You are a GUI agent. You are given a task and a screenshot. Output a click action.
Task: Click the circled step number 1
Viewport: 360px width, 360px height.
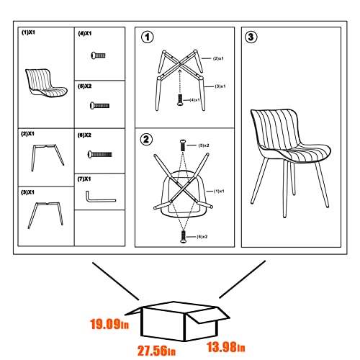pyautogui.click(x=147, y=37)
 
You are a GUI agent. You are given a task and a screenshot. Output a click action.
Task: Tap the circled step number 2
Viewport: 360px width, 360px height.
pyautogui.click(x=147, y=139)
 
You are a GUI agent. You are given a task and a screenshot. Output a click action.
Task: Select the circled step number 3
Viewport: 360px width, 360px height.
pyautogui.click(x=250, y=37)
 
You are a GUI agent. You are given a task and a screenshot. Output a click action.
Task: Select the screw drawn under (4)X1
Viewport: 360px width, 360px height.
pyautogui.click(x=96, y=56)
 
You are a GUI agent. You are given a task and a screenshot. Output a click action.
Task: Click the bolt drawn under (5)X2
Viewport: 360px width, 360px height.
pyautogui.click(x=99, y=105)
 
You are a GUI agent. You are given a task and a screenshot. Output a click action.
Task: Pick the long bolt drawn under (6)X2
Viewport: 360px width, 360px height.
pyautogui.click(x=101, y=153)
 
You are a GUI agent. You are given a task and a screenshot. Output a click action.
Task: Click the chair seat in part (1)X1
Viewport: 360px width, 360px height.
pyautogui.click(x=46, y=82)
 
